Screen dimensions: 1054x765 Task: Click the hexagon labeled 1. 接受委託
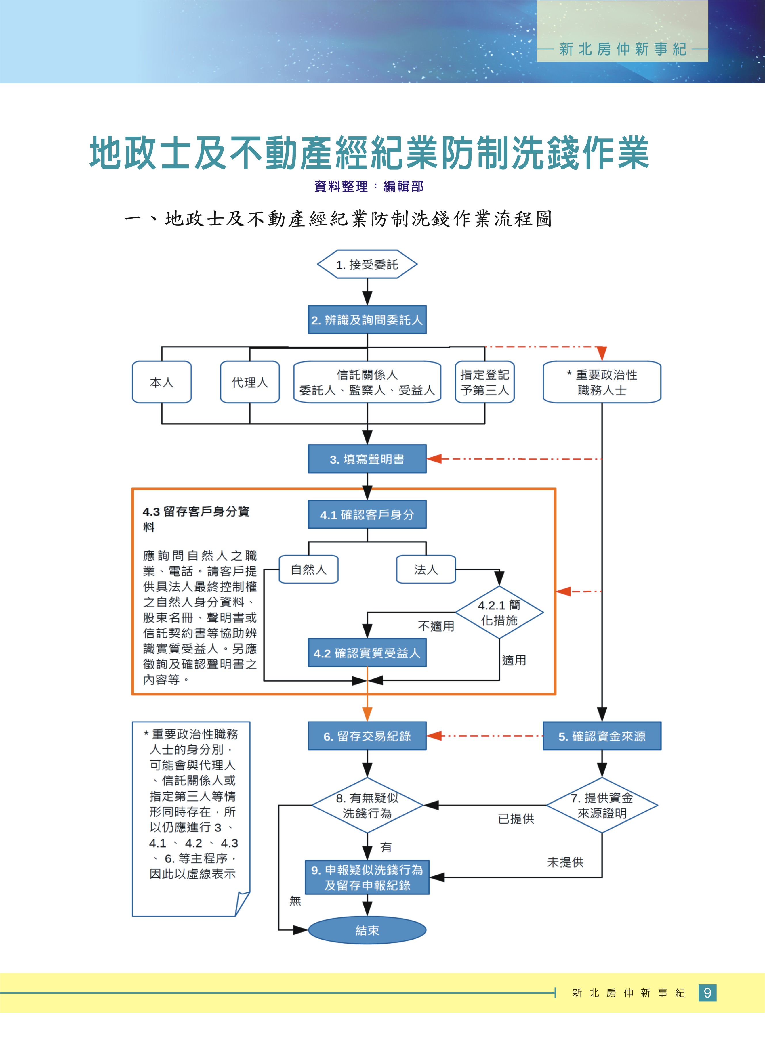pos(367,264)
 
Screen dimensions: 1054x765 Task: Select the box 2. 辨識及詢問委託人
pos(367,320)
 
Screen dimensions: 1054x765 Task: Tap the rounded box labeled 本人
pos(162,382)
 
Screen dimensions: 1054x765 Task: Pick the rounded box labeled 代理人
pos(250,382)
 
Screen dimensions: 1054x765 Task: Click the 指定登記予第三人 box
pos(484,382)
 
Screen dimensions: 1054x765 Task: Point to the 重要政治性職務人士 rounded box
pos(602,382)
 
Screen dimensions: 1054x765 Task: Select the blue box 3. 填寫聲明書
pos(367,459)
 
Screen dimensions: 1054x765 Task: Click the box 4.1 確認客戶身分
pos(367,514)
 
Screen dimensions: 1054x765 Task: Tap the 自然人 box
pos(308,569)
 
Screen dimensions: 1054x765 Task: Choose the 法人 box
pos(426,569)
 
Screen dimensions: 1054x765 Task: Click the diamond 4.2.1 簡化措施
pos(499,613)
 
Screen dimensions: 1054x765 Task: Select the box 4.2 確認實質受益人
pos(367,653)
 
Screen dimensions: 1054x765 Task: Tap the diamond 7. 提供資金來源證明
pos(602,805)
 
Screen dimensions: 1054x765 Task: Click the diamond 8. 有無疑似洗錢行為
pos(367,805)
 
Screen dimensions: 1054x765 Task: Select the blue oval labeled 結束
pos(367,930)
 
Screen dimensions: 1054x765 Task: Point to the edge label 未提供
pos(565,862)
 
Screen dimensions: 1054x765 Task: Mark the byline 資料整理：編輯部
pos(369,186)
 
